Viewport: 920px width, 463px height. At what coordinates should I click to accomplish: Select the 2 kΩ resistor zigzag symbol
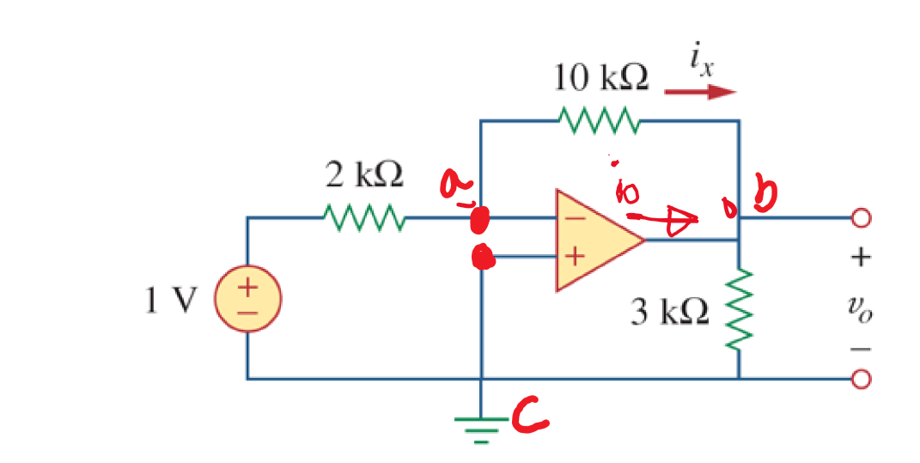362,218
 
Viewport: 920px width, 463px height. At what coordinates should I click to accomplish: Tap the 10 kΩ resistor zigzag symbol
599,121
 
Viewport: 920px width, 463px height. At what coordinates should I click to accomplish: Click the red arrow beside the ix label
701,92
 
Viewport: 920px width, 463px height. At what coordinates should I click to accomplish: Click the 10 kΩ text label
600,78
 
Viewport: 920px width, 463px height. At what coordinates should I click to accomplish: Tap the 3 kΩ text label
670,313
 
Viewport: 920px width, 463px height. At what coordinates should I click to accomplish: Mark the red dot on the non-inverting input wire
484,256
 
